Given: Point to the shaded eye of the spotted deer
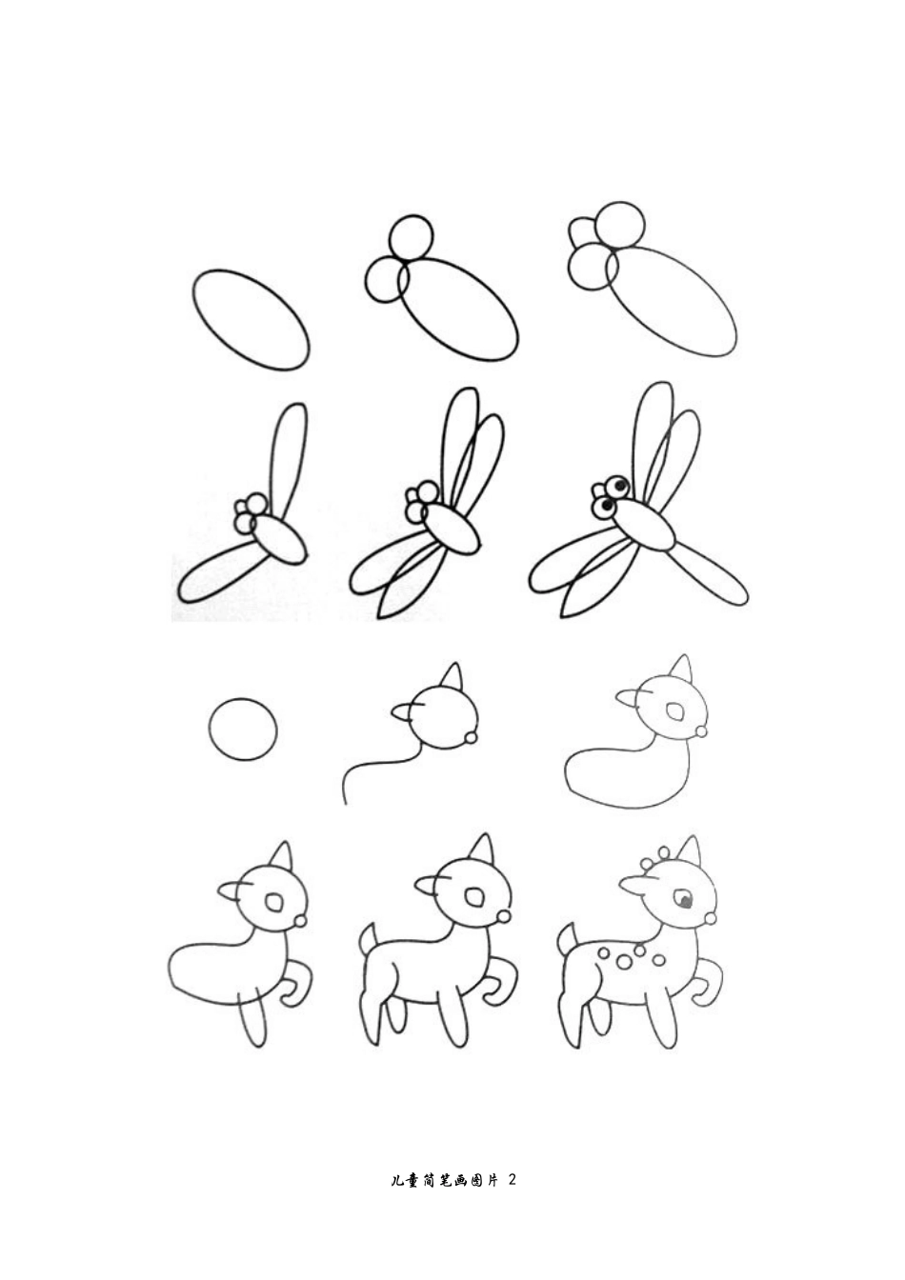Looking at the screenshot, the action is click(x=684, y=900).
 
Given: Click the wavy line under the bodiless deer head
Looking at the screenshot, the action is click(x=377, y=764).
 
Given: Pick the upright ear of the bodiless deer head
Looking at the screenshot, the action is click(x=452, y=678).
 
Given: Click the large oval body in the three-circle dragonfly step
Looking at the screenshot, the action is click(x=672, y=301).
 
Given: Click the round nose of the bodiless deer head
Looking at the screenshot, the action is click(x=472, y=739).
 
